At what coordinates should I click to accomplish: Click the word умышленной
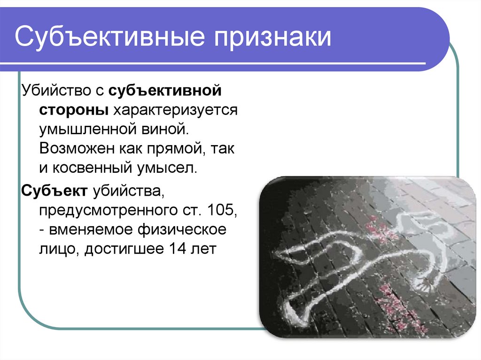coord(88,130)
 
